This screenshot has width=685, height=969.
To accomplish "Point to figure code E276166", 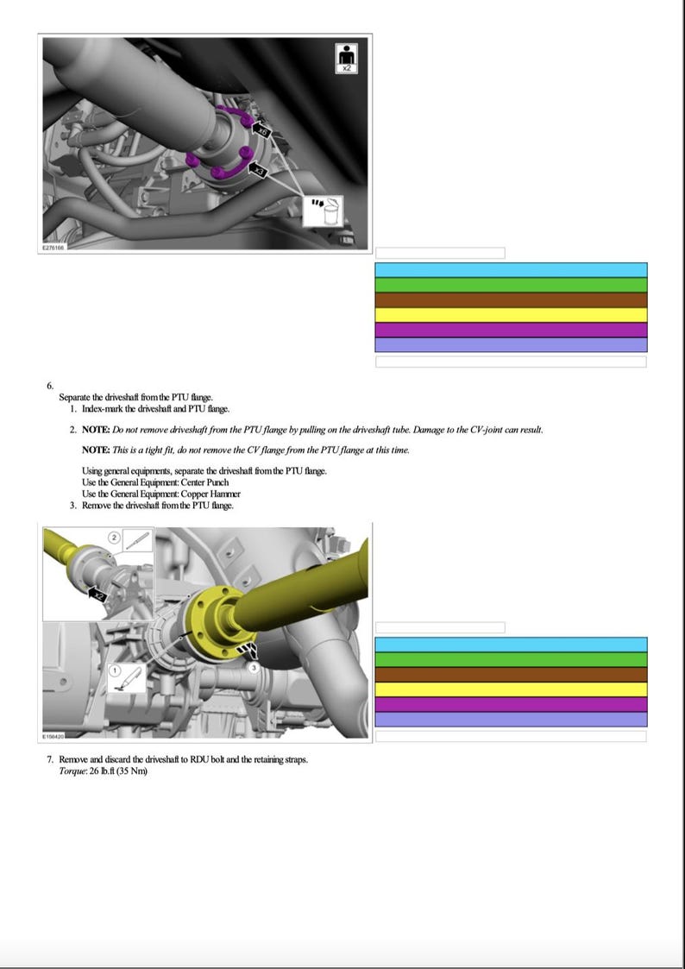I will coord(53,246).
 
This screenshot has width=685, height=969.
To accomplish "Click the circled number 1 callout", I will coord(115,670).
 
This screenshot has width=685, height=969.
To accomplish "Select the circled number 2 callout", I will coord(113,537).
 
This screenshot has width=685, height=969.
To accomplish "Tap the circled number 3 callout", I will coord(255,668).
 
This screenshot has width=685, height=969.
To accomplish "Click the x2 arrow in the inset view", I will coord(97,595).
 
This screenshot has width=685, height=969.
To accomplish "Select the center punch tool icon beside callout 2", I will coord(137,541).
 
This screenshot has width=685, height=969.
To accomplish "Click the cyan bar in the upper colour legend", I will coord(511,270).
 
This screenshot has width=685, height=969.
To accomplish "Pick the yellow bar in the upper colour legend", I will coord(511,315).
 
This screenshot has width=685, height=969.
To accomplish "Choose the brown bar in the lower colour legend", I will coord(511,674).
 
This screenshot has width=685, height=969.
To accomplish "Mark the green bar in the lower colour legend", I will coord(511,659).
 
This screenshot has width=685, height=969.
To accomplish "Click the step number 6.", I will coord(50,386).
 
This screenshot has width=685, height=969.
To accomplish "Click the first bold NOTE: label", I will coord(95,430).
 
